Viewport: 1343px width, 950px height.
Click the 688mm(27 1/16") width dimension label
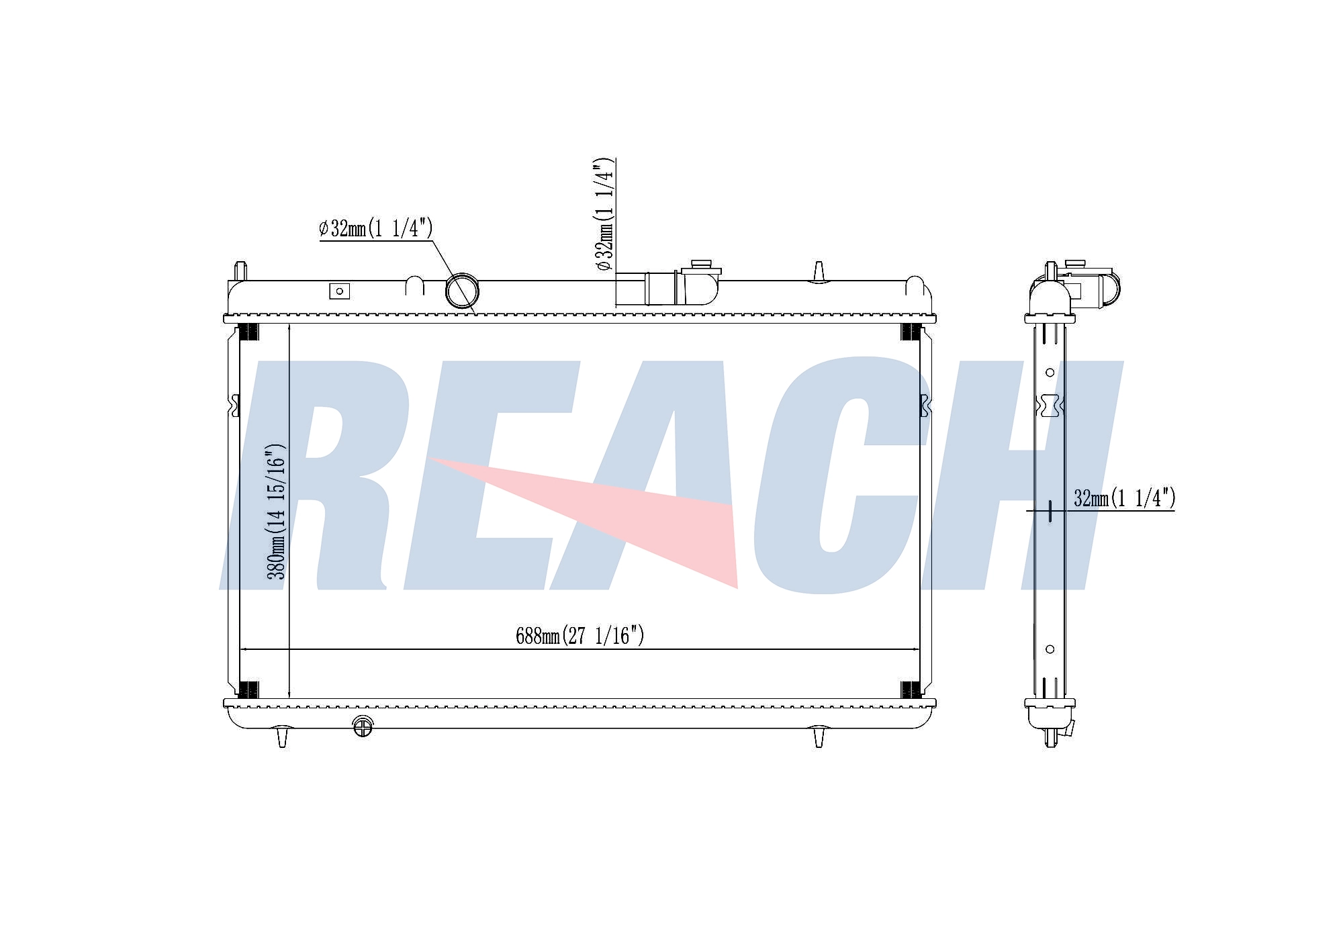point(580,635)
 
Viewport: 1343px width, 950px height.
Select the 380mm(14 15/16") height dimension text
point(277,511)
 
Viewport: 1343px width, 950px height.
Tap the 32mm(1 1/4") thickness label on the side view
point(1125,498)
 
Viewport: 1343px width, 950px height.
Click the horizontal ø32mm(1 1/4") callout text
point(376,228)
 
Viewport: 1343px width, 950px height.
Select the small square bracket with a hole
point(339,291)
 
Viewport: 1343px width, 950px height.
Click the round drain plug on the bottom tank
point(363,727)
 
